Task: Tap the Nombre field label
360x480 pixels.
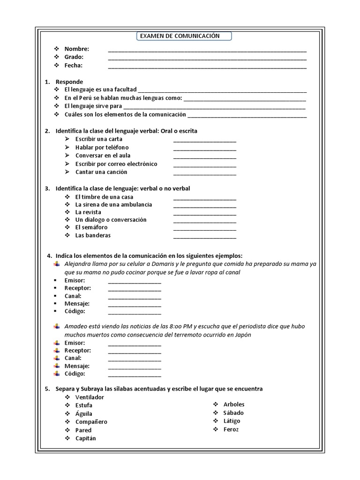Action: coord(76,49)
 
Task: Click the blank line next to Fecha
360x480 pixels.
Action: coord(207,66)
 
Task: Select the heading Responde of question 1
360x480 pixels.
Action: coord(69,82)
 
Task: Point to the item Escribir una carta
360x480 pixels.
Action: coord(99,139)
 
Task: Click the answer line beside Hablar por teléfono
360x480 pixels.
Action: coord(204,148)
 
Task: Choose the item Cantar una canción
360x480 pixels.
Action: coord(101,172)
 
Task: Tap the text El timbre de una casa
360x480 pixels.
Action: coord(101,197)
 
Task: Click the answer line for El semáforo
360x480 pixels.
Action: coord(204,228)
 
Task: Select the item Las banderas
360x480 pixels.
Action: coord(93,235)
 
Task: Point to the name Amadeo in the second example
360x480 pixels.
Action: coord(76,326)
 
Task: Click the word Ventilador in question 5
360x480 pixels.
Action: coord(90,397)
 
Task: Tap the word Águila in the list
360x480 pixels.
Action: coord(83,414)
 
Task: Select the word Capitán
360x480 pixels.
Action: coord(85,438)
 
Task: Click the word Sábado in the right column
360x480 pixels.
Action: coord(233,412)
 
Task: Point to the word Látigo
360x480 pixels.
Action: coord(232,421)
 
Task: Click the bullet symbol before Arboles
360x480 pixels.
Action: coord(216,404)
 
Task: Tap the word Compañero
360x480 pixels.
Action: coord(91,422)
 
